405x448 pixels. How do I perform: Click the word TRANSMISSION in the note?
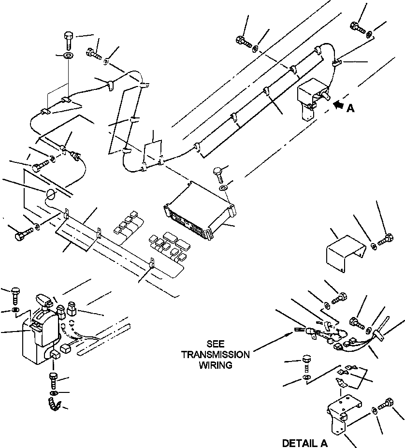point(216,355)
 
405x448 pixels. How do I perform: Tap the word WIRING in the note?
point(216,365)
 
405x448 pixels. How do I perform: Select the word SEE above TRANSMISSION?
point(216,345)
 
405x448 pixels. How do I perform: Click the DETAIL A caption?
point(305,443)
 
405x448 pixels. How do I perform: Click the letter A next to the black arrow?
point(350,109)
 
